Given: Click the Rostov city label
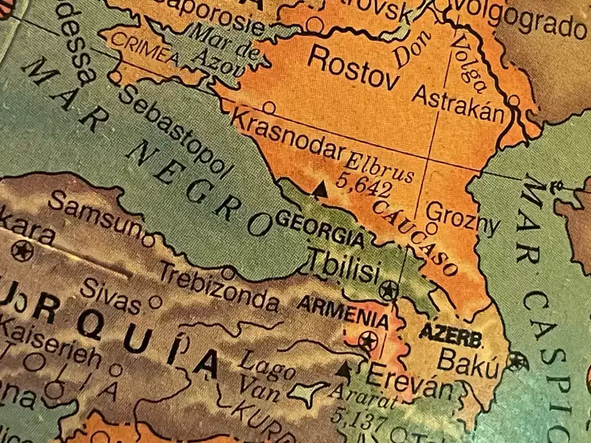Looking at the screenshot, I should pos(353,69).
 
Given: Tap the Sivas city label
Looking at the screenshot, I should pos(111,295).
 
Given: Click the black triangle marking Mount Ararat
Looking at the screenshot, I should pos(345,369).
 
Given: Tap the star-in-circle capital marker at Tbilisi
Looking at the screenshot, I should pos(388,290).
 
